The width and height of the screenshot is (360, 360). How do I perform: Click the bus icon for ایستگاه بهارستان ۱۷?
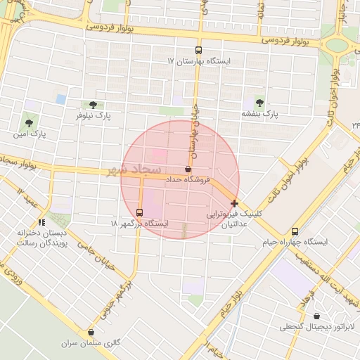[198, 50]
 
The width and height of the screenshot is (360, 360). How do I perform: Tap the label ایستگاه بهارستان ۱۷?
[199, 62]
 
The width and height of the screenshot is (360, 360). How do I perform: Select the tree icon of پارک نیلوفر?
[93, 105]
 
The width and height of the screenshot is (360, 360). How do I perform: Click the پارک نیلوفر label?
[93, 115]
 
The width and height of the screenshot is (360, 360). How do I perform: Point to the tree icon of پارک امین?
[29, 122]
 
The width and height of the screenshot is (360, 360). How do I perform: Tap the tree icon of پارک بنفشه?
[260, 103]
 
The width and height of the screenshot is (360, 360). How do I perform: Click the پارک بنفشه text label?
[260, 114]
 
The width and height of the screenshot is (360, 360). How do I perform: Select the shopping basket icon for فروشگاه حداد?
[188, 169]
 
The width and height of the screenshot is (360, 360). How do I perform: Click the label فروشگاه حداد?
[188, 181]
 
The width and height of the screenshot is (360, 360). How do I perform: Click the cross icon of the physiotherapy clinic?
[234, 203]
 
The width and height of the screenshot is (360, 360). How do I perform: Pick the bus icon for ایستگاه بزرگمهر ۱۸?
[139, 212]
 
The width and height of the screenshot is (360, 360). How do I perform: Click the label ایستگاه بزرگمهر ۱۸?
[139, 223]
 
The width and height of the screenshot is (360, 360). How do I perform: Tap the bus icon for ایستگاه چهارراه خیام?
[295, 231]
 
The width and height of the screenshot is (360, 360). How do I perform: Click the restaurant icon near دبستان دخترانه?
[41, 223]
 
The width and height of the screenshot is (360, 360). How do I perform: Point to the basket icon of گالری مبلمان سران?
[91, 333]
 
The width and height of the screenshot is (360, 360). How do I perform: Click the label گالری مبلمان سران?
[91, 344]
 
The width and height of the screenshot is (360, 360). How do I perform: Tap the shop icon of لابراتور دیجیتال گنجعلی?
[316, 316]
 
